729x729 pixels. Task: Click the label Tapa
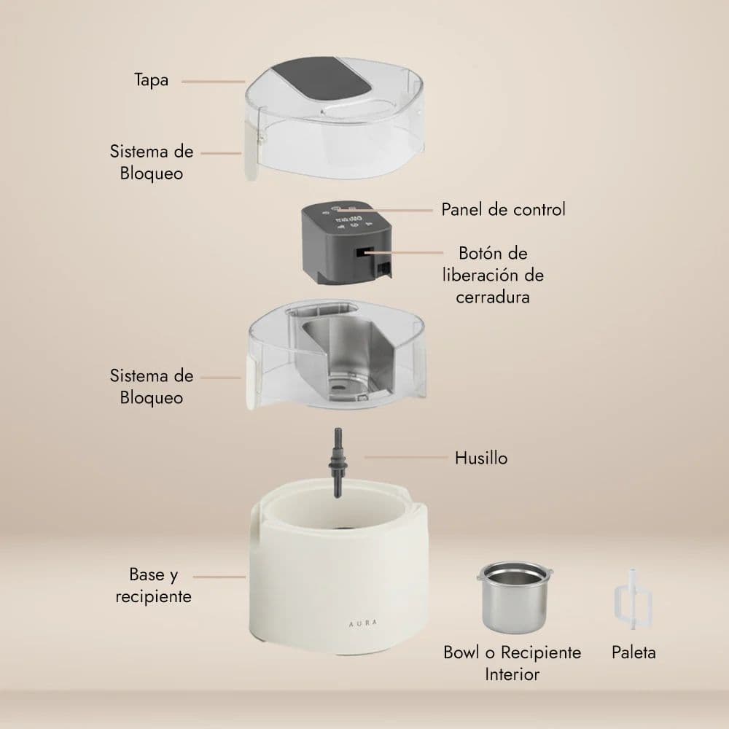click(152, 79)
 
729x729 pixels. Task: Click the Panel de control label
click(503, 210)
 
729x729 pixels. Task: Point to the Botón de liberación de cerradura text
click(494, 276)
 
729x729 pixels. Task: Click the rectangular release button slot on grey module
click(362, 254)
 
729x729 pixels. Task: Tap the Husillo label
click(481, 459)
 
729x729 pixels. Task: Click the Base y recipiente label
click(154, 586)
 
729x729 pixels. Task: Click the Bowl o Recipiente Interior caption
click(512, 663)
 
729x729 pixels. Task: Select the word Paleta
click(634, 652)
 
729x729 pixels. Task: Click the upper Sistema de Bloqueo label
click(152, 163)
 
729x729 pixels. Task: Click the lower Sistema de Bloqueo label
click(152, 387)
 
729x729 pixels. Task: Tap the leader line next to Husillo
click(405, 458)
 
